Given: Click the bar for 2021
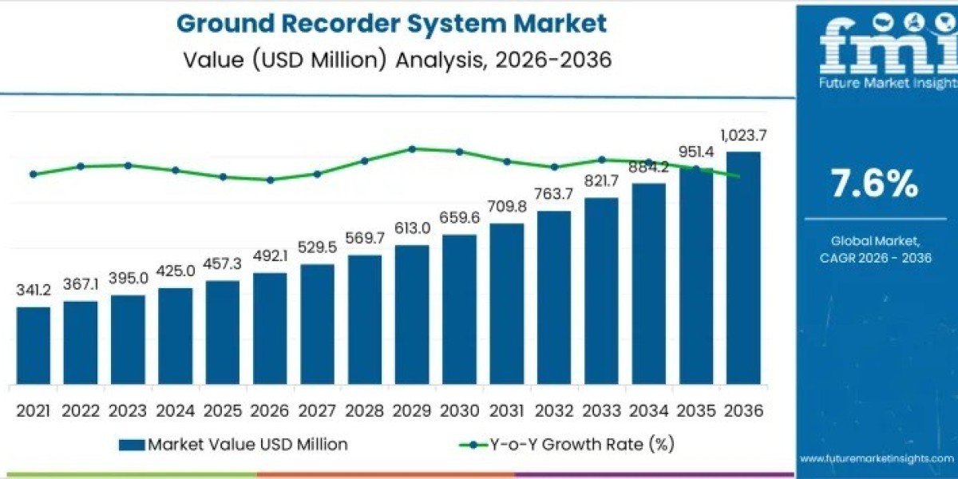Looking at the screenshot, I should click(x=33, y=344).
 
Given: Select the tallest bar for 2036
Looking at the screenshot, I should click(x=743, y=267).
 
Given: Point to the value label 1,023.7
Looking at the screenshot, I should click(x=743, y=137).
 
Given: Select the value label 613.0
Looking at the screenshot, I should click(x=412, y=228).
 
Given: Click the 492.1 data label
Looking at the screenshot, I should click(x=270, y=257).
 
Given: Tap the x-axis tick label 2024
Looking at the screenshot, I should click(x=175, y=410).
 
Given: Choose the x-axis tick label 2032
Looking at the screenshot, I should click(x=554, y=410).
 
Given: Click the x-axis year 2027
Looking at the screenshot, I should click(x=317, y=410).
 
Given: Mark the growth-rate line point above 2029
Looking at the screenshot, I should click(x=412, y=148).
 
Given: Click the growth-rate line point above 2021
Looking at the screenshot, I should click(x=33, y=174).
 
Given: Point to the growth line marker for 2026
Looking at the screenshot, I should click(x=270, y=180).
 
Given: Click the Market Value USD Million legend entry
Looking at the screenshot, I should click(x=233, y=445).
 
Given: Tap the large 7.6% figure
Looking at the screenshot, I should click(x=875, y=184).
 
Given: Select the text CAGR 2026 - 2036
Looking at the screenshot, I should click(x=875, y=257).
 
